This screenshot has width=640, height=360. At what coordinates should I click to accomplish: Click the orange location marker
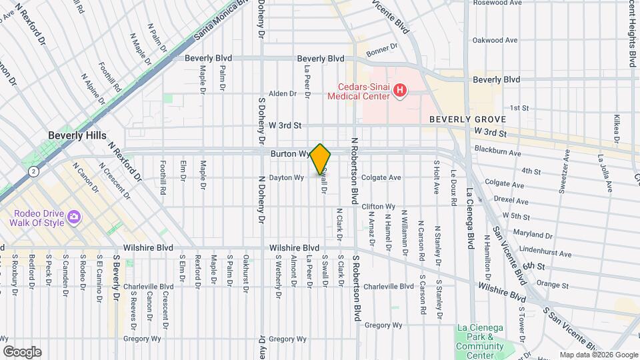coord(320,159)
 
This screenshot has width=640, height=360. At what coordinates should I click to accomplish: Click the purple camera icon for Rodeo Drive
coord(73,217)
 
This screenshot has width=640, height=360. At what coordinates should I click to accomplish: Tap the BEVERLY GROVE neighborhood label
coord(467,119)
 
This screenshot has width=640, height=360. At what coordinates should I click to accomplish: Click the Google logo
coord(22,352)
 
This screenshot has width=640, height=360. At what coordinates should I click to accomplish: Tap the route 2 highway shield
coord(33,171)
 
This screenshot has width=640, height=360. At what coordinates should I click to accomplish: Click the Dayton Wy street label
coord(287,177)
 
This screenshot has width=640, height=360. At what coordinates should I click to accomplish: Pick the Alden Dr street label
coord(282,93)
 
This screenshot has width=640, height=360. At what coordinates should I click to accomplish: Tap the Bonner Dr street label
coord(381,48)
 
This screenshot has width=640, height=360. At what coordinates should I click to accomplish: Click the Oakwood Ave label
coord(495,40)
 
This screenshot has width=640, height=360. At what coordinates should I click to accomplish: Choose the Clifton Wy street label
coord(379,207)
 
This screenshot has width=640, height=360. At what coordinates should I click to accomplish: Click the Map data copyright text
coord(598,355)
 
